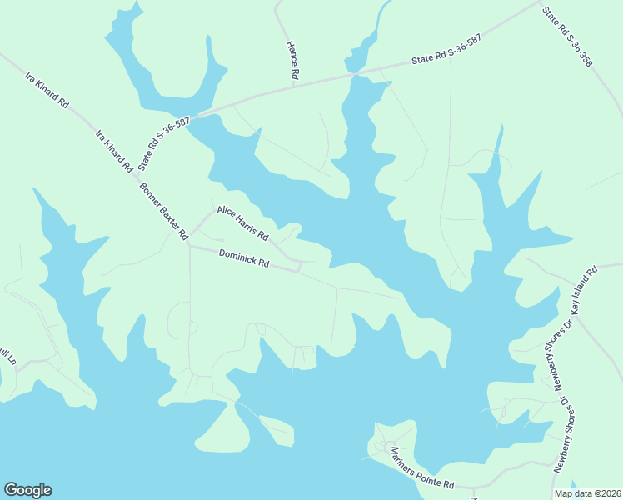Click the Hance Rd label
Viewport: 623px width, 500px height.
(x=292, y=61)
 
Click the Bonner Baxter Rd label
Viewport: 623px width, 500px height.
(x=163, y=210)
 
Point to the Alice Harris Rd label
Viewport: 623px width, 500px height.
(x=242, y=221)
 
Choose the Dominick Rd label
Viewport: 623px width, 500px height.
(x=244, y=258)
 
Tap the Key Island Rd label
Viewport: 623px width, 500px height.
(x=586, y=292)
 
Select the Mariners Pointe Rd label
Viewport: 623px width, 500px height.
(x=422, y=468)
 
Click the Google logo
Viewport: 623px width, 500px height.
(x=27, y=490)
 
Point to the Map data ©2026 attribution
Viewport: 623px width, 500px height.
(x=587, y=493)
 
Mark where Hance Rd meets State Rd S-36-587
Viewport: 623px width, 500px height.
(x=296, y=83)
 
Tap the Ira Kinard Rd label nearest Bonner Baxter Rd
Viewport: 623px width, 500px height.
(x=115, y=151)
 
